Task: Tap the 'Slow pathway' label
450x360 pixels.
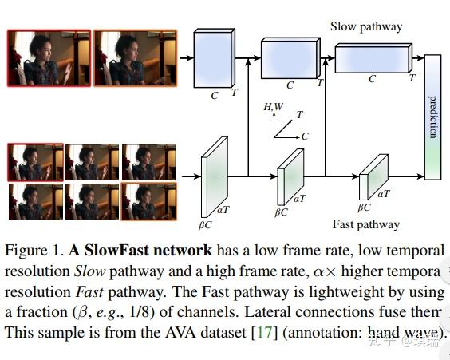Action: [x=366, y=26]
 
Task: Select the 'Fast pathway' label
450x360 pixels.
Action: [x=366, y=224]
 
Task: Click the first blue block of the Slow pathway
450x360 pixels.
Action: [x=215, y=57]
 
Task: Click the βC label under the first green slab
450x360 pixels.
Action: [x=204, y=213]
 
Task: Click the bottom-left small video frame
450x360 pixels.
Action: [x=34, y=201]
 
